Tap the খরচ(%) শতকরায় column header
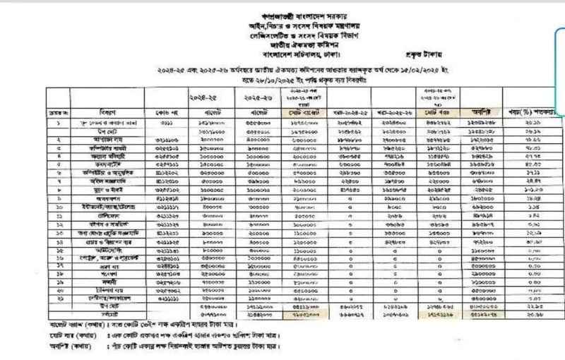[x=536, y=112]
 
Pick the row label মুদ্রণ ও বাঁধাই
[x=107, y=189]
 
